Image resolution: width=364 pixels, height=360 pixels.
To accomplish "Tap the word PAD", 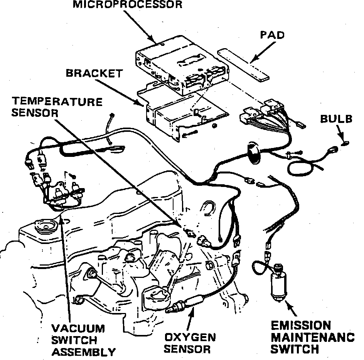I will [272, 35].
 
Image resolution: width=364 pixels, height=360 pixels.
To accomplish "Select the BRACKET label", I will [94, 73].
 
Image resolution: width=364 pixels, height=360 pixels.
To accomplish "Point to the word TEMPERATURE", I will [57, 102].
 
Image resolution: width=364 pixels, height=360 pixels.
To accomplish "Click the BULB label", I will [336, 119].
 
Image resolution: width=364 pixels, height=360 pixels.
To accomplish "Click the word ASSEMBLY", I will [84, 352].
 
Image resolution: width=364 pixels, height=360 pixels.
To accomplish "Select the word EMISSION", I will [301, 325].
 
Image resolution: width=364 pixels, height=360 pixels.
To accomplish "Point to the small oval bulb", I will [346, 143].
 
